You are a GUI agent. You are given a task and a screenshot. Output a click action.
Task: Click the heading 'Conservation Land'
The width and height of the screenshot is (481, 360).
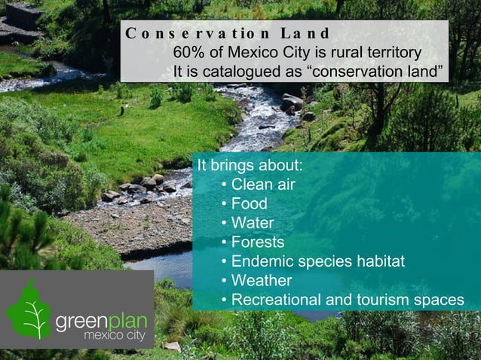[x=228, y=34]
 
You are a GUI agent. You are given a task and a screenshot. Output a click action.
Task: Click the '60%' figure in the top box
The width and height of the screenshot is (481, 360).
[x=188, y=53]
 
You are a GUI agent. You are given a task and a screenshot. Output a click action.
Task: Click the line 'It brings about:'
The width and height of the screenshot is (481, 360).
[x=250, y=166]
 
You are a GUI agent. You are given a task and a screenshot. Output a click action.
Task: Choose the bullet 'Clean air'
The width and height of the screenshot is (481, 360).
[x=263, y=185]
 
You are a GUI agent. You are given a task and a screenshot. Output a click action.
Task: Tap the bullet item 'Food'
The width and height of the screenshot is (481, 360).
[x=249, y=204]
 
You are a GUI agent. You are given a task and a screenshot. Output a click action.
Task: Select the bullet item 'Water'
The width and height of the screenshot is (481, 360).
[x=253, y=224]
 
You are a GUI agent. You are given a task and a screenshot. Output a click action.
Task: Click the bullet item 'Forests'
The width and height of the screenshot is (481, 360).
[x=257, y=243]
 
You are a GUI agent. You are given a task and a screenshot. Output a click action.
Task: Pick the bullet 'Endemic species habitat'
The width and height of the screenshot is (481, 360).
[x=317, y=262]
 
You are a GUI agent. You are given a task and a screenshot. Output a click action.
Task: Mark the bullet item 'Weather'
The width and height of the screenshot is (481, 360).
[x=261, y=281]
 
